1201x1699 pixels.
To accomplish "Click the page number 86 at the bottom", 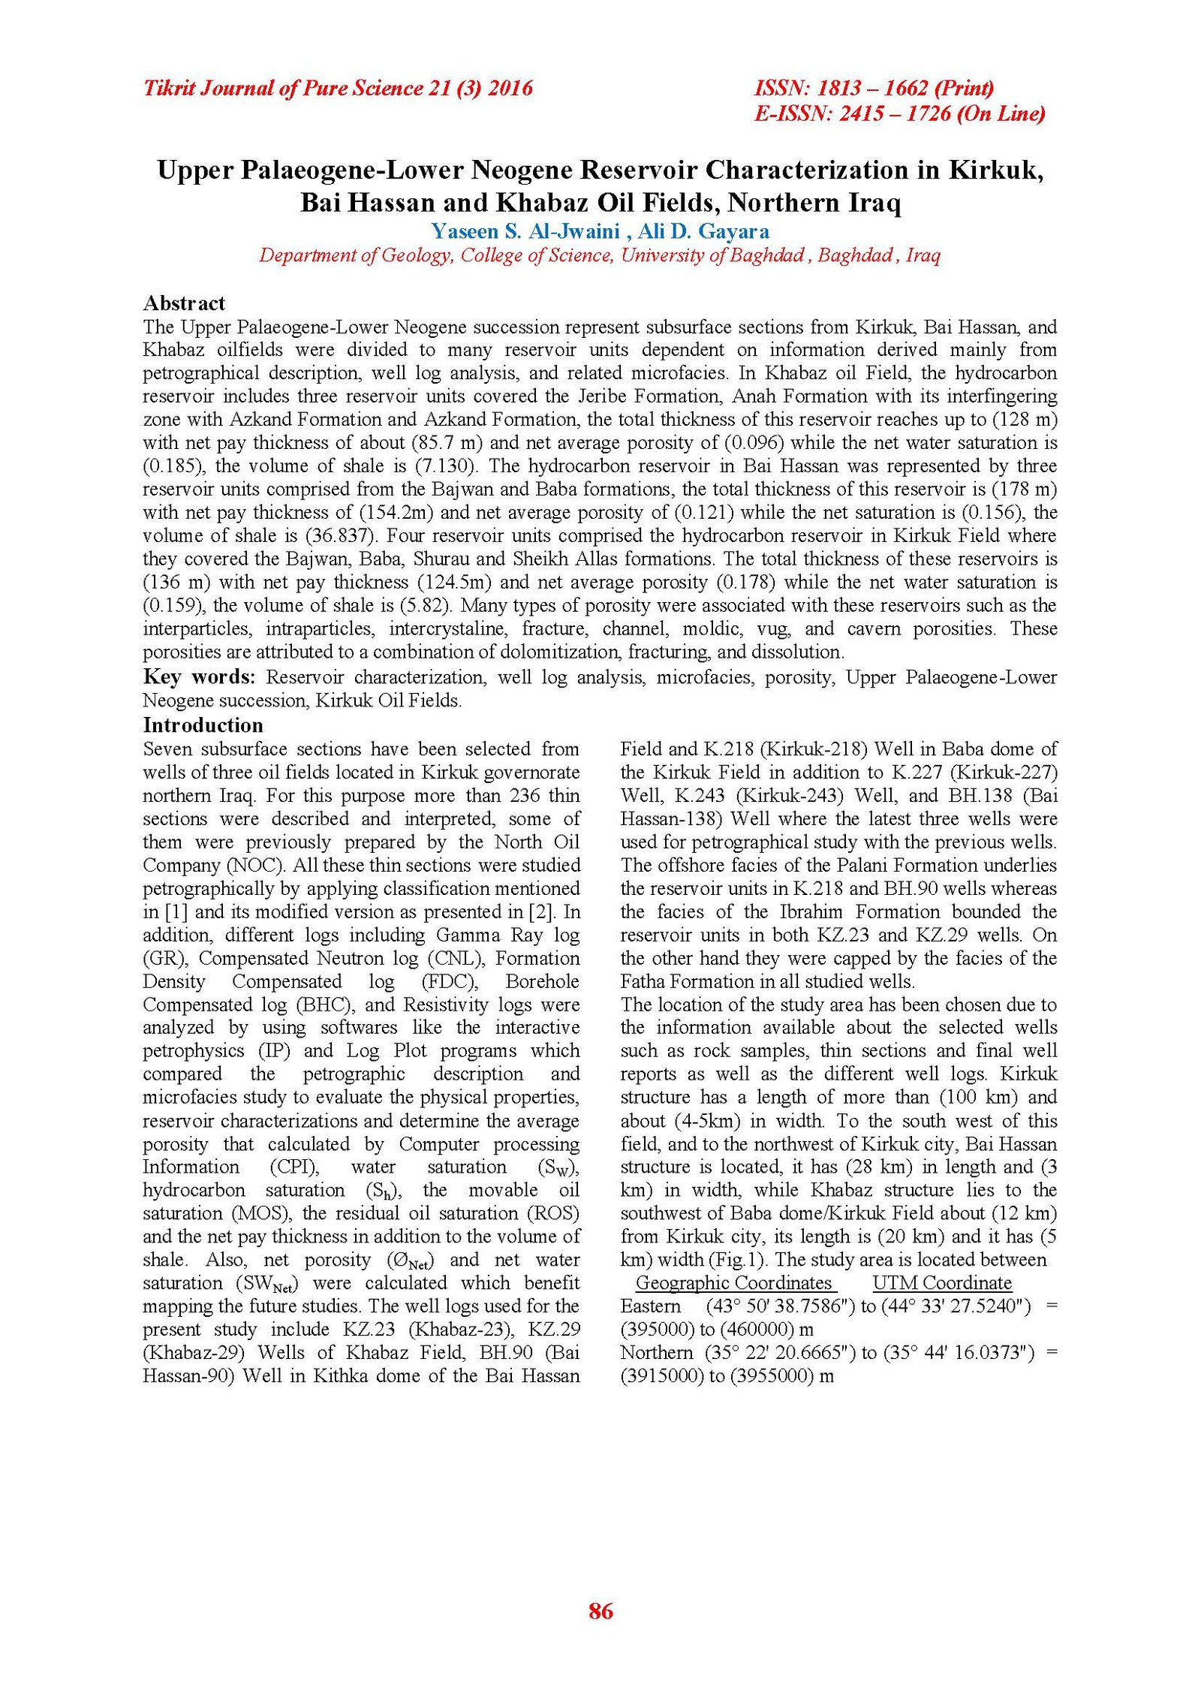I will click(600, 1610).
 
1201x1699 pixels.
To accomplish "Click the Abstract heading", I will click(184, 303).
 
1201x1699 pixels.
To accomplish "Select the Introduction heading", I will click(203, 724).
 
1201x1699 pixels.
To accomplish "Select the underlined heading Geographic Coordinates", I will click(733, 1282).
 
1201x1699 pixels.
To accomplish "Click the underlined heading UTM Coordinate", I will click(942, 1282).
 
